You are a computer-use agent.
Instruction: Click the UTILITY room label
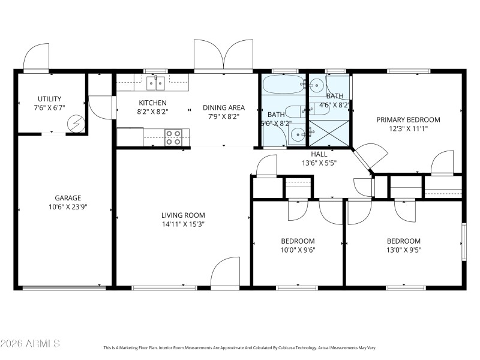49,99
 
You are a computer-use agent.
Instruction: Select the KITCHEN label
153,103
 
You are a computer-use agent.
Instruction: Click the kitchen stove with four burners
174,137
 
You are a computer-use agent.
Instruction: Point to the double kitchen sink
157,82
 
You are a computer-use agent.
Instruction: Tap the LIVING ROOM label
183,215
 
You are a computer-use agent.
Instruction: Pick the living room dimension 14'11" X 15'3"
183,225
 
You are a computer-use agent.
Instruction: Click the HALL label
319,154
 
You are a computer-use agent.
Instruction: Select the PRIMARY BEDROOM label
408,119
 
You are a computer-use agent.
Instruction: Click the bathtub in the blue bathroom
284,85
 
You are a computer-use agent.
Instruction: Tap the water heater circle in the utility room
76,124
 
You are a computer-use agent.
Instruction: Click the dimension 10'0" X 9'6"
298,250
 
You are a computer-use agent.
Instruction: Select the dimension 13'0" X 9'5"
403,250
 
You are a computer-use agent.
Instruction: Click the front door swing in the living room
226,272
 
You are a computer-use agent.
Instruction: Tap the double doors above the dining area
223,55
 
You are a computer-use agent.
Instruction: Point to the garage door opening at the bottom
61,288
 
